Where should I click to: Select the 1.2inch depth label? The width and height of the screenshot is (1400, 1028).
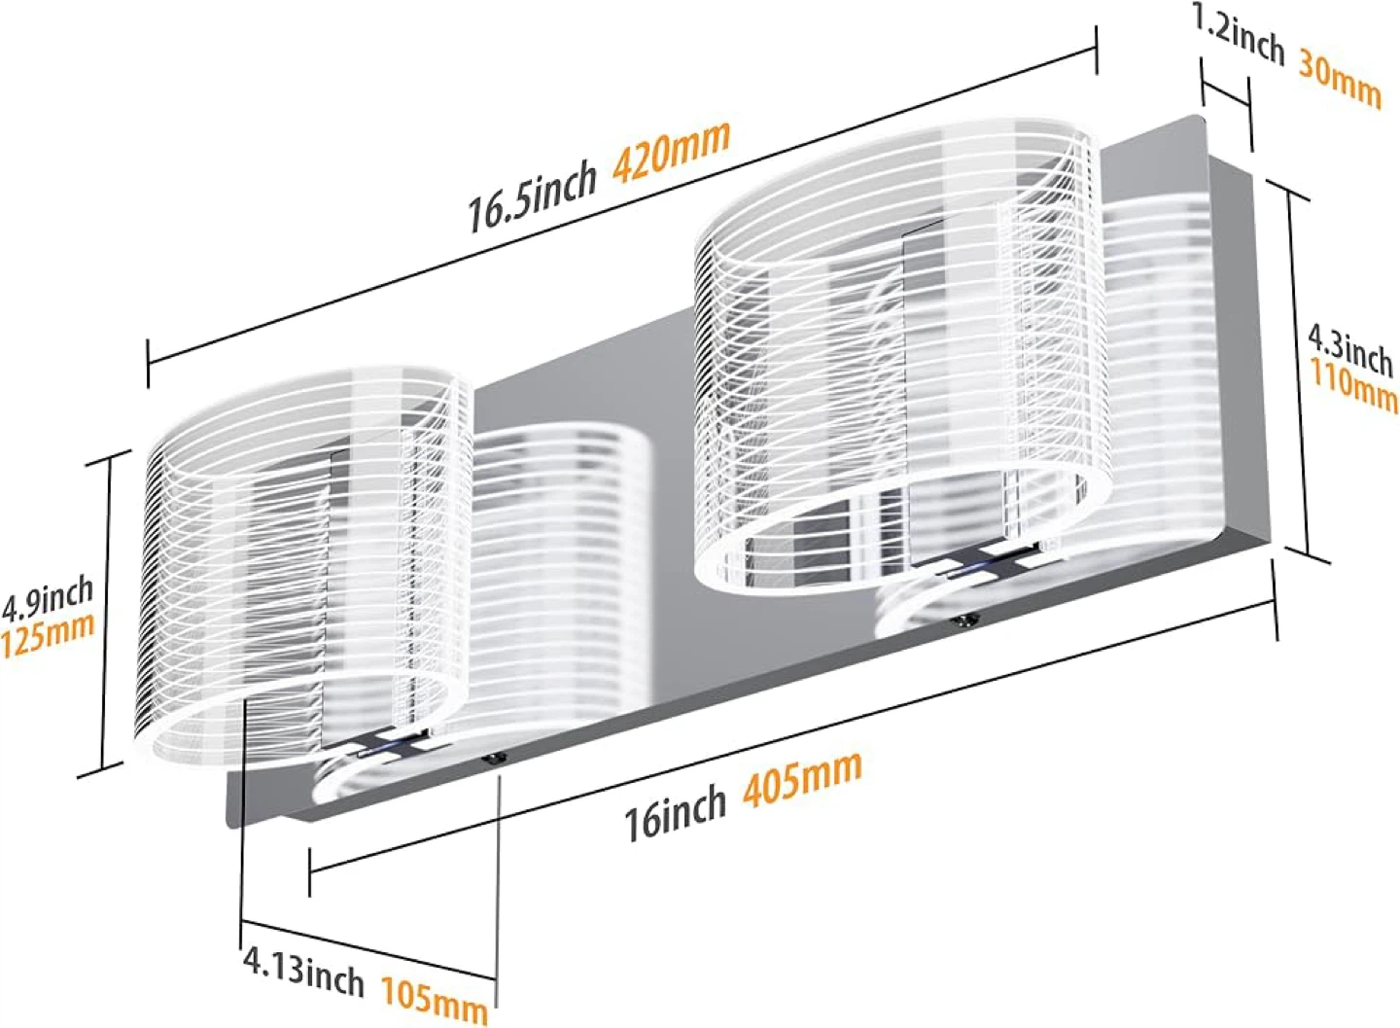coord(1239,38)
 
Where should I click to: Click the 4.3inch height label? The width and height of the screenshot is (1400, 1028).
coord(1349,352)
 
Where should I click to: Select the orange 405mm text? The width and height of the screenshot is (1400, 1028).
coord(802,778)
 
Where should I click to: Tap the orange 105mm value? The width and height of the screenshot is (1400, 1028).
coord(435,1001)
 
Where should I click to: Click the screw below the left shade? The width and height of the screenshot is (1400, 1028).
coord(497,760)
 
